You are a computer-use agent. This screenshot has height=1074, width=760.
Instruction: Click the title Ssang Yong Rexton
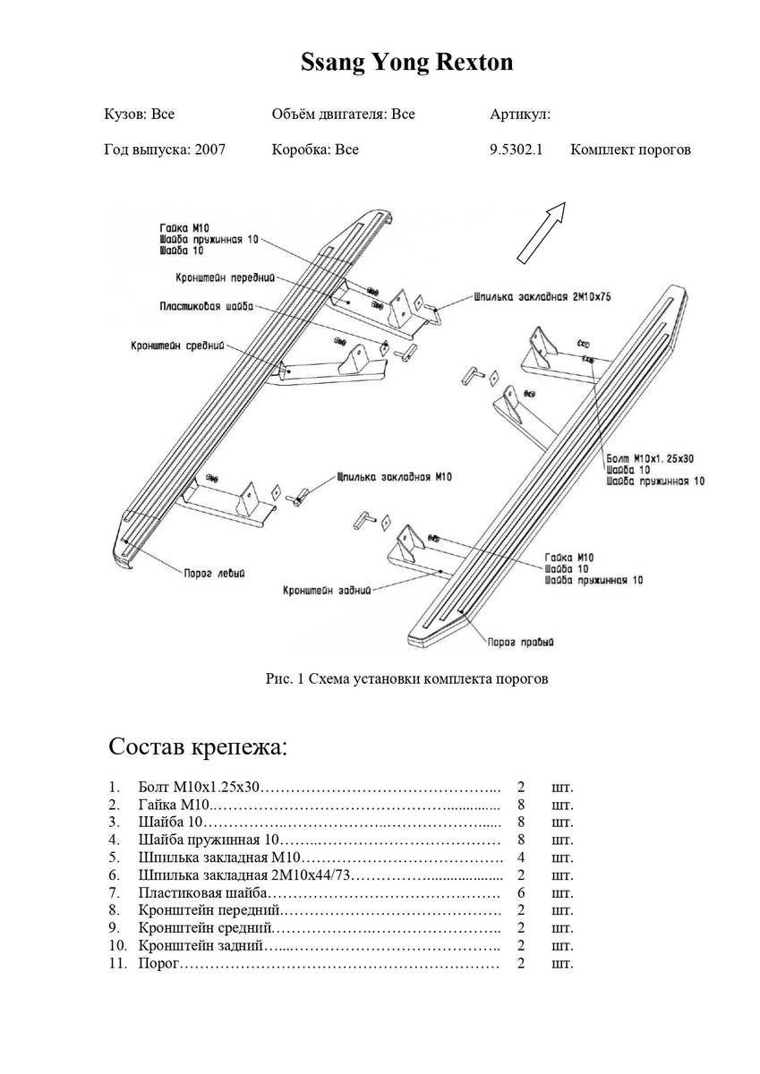coord(406,64)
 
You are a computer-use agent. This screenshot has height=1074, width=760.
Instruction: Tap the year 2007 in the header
coord(209,149)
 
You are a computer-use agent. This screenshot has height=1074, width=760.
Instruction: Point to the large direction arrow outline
coord(542,232)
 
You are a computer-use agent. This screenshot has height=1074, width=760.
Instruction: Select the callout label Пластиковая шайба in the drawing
coord(206,306)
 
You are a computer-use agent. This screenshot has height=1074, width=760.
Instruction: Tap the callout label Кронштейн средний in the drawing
coord(176,345)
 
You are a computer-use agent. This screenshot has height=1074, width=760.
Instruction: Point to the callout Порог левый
coord(214,573)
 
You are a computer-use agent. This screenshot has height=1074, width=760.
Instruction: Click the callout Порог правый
coord(520,642)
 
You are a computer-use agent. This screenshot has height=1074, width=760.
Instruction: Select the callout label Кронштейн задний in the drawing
coord(325,591)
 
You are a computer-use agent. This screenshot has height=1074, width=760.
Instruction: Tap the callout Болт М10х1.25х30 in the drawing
coord(650,458)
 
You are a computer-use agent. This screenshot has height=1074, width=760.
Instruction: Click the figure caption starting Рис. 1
coord(406,678)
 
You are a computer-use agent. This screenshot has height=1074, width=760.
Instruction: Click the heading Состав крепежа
coord(198,746)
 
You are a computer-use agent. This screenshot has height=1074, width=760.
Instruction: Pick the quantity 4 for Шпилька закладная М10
coord(521,857)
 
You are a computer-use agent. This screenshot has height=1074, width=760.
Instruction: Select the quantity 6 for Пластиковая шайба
coord(521,893)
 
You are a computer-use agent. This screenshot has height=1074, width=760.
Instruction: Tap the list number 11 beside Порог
coord(117,964)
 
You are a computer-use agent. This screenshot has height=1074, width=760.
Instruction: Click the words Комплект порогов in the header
coord(630,149)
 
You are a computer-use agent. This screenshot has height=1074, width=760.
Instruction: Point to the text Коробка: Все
coord(315,149)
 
